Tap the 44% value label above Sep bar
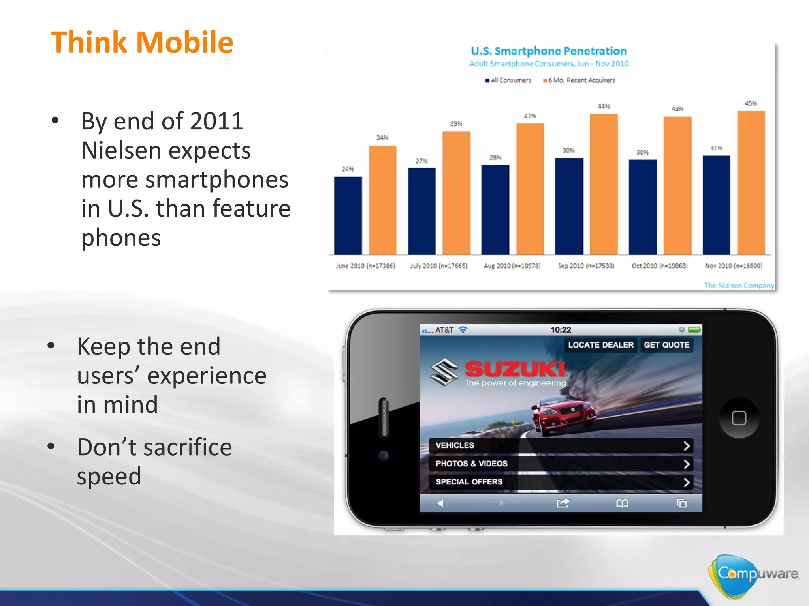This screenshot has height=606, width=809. pos(604,107)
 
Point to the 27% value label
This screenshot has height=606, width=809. pos(421,161)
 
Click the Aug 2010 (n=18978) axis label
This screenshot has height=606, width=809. pos(512,266)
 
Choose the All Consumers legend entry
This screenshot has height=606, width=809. pos(508,80)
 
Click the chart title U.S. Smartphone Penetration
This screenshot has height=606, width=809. pos(549,51)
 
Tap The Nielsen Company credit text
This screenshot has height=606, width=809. pos(739,285)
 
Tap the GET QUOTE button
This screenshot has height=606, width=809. pos(666,345)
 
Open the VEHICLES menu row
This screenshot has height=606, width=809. pos(561,445)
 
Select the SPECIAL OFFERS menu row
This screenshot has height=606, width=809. pos(561,482)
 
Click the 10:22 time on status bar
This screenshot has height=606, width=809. pos(561,330)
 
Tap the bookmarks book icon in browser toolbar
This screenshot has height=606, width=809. pos(622,503)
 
